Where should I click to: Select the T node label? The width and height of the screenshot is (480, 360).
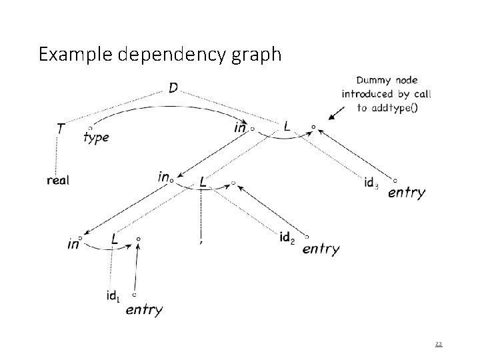[60, 129]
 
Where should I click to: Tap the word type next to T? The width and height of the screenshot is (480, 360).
[97, 137]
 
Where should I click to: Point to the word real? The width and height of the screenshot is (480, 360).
[58, 180]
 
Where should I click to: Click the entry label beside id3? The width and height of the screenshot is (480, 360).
[406, 193]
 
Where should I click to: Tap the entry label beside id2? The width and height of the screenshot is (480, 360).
[321, 249]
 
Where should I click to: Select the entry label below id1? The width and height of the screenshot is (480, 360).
[143, 309]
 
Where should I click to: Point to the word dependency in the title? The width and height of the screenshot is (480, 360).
[174, 55]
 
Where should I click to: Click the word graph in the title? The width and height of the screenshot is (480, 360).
[259, 55]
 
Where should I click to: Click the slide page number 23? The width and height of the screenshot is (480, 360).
[438, 344]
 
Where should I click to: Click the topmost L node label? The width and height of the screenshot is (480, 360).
[287, 125]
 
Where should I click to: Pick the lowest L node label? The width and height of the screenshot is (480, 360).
[115, 238]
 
